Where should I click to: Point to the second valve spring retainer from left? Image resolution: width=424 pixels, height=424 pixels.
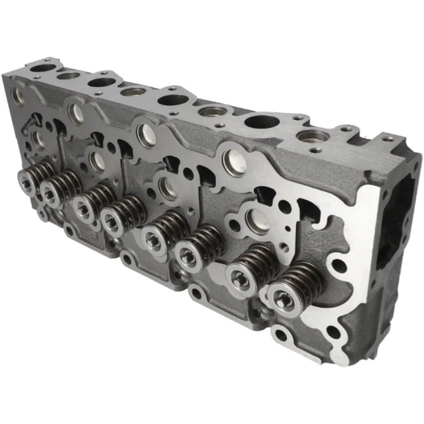coord(50,193)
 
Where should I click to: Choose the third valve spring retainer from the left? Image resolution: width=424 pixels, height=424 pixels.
coord(82,204)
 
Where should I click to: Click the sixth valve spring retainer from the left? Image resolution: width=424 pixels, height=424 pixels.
coord(187,255)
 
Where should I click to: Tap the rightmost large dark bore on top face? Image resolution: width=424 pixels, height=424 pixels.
coord(262,122)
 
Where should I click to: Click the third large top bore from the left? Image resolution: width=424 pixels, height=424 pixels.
coord(174,100)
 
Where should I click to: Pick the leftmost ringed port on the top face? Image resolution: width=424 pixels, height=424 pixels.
coord(68,76)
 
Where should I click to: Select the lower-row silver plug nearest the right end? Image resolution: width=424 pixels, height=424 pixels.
coord(257,221)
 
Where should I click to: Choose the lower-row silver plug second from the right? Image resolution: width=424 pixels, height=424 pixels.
coord(168,188)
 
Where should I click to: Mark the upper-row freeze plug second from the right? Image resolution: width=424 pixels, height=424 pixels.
coord(145,135)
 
